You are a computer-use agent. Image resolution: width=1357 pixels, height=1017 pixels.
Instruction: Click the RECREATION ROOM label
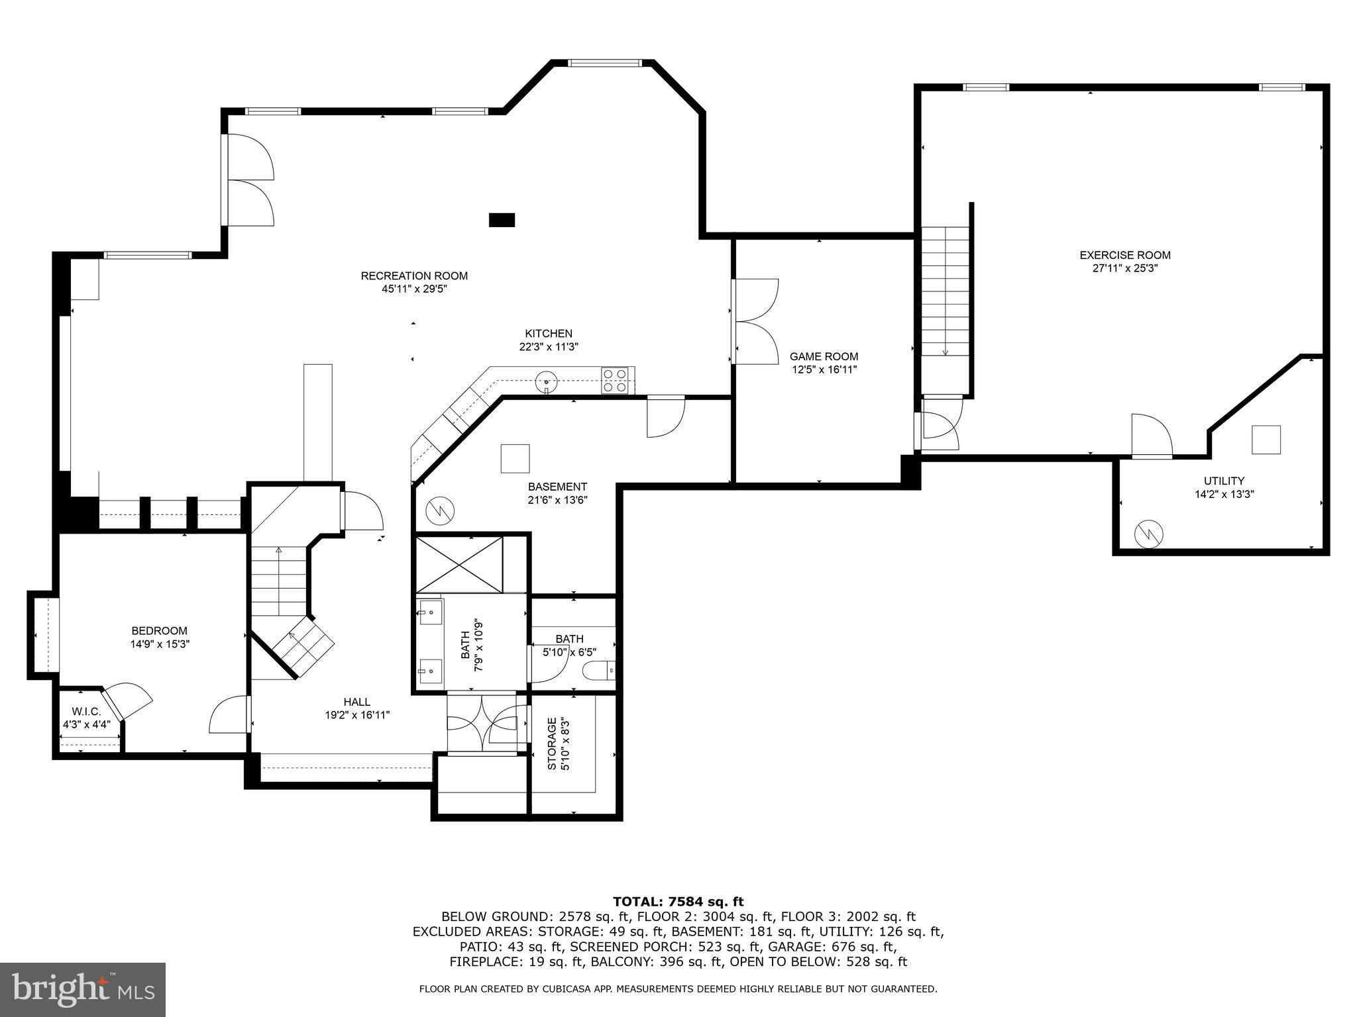414,275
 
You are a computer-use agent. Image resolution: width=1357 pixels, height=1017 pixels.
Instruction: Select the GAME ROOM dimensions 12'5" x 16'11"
824,369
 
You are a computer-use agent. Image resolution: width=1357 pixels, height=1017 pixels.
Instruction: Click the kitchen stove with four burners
614,381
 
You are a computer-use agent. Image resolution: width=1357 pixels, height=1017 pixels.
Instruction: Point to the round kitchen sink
546,381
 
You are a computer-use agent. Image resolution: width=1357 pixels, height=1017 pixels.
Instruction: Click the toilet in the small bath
599,671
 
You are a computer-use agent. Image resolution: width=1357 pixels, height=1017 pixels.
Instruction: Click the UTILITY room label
1224,481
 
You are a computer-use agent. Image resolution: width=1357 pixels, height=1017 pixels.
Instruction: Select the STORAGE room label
551,744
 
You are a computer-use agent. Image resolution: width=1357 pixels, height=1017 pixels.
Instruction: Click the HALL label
356,702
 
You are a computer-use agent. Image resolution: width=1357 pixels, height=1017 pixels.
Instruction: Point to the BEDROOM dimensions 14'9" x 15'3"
160,644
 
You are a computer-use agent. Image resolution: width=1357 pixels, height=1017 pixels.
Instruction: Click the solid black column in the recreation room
502,220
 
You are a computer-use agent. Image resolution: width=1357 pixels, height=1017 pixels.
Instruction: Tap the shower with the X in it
459,564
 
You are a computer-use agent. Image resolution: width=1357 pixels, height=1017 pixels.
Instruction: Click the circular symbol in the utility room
1149,534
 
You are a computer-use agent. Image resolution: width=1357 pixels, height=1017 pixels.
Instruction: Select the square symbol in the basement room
515,458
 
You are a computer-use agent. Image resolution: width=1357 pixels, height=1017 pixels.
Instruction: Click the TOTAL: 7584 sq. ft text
678,901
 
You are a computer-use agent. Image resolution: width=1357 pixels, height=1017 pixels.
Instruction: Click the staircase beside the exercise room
945,291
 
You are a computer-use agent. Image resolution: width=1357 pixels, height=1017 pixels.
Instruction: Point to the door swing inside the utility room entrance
1152,435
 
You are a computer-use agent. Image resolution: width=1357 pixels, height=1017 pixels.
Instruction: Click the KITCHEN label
549,333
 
